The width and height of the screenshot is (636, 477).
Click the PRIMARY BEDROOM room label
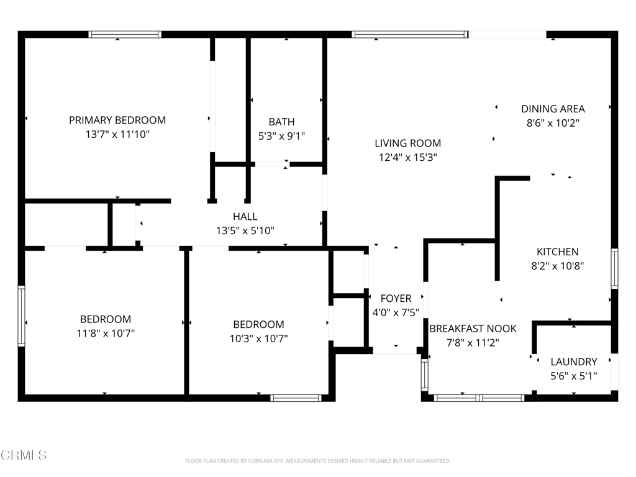[117, 120]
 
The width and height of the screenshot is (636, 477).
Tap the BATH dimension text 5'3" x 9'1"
[281, 135]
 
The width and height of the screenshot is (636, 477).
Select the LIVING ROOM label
[408, 143]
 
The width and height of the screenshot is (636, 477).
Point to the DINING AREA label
[553, 109]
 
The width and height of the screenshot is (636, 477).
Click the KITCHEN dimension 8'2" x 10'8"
[557, 266]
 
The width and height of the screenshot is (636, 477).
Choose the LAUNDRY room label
[574, 361]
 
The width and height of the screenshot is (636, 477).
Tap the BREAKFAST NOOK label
[473, 329]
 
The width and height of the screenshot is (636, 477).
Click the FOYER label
[396, 298]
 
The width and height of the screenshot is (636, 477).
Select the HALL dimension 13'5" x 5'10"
[245, 230]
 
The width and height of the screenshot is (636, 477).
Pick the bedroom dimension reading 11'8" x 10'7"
[105, 333]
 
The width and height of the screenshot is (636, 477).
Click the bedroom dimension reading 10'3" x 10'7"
[258, 338]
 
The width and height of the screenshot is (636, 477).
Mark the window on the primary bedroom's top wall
[125, 35]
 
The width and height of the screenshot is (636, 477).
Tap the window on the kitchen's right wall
[614, 268]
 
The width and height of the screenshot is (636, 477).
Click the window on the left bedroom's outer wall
[22, 316]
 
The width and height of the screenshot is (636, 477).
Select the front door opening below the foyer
[395, 351]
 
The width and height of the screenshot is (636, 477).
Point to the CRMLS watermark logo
[24, 455]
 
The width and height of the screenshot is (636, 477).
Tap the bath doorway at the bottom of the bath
[271, 165]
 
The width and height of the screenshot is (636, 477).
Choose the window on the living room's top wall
[410, 35]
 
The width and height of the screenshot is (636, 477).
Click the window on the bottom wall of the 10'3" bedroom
[296, 397]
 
